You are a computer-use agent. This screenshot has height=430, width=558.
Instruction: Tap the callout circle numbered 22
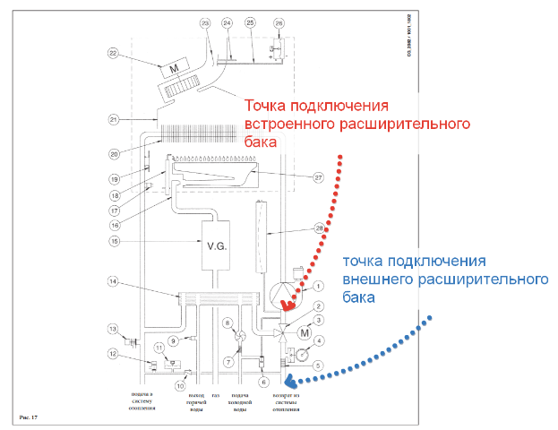(x=113, y=54)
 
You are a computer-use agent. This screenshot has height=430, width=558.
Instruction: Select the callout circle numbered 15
(x=114, y=241)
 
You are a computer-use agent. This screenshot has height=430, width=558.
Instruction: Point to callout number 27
(x=318, y=177)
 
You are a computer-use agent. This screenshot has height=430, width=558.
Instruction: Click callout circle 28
(x=318, y=229)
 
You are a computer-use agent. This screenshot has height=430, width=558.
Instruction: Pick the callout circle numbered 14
(x=114, y=283)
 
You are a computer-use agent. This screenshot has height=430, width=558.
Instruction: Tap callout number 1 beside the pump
(x=318, y=287)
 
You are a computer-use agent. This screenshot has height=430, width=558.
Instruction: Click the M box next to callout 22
(x=172, y=69)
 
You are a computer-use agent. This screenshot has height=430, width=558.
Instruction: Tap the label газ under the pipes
(x=215, y=396)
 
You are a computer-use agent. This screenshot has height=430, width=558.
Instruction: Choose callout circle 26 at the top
(x=279, y=22)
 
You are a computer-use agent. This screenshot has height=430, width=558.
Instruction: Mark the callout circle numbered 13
(x=114, y=328)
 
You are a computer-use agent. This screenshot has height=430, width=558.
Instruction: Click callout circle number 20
(x=114, y=152)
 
